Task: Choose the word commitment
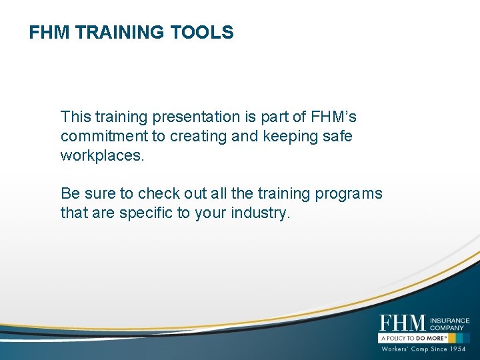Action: tap(100, 137)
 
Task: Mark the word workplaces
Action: tap(101, 156)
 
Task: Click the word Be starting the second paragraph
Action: tap(70, 194)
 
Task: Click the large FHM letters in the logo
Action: tap(402, 323)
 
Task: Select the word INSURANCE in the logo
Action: tap(450, 320)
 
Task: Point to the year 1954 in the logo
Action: tap(456, 349)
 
